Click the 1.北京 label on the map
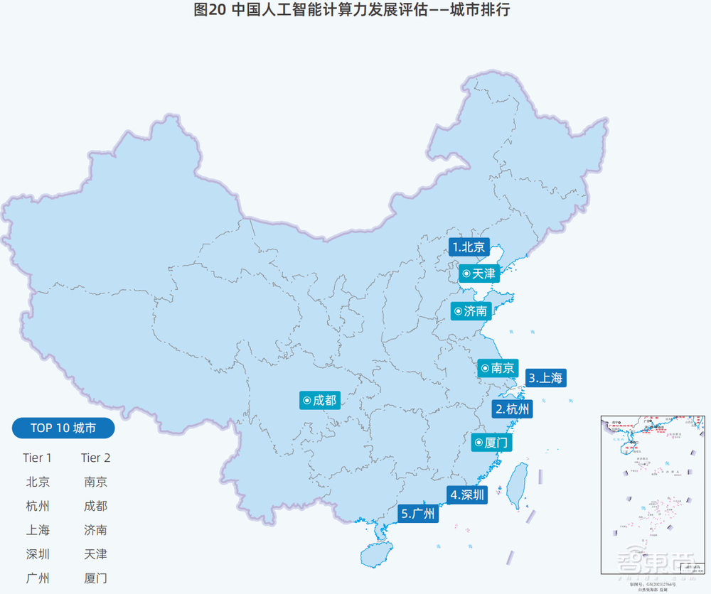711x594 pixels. click(469, 247)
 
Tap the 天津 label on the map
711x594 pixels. click(479, 274)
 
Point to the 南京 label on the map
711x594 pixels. click(498, 368)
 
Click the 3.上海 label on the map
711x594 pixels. click(546, 378)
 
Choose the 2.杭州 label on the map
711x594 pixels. click(513, 409)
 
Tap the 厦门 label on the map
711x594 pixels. click(491, 443)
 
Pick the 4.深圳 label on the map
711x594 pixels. click(468, 495)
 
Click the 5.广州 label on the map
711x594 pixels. click(419, 514)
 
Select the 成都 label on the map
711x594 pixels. click(319, 401)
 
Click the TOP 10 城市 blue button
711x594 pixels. click(63, 428)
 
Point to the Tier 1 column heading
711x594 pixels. click(37, 458)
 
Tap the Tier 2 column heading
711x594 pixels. click(95, 458)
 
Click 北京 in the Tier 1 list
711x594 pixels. click(38, 482)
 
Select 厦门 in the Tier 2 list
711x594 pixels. click(95, 578)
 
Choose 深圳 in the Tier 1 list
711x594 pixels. click(38, 553)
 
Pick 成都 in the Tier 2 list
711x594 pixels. click(95, 506)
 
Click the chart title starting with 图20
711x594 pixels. click(352, 11)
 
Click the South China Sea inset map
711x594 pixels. click(653, 493)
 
